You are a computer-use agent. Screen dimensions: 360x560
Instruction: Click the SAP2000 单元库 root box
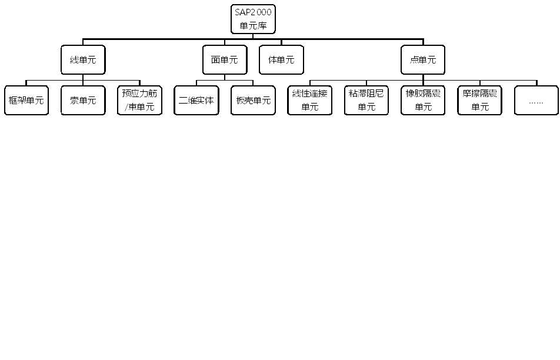tap(253, 19)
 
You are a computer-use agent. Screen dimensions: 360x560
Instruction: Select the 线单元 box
tap(83, 60)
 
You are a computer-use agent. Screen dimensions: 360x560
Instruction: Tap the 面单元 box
tap(224, 60)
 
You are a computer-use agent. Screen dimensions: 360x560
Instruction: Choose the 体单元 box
tap(281, 60)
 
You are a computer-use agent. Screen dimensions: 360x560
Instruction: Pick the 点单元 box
tap(423, 60)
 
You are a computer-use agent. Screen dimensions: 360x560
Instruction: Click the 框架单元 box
tap(26, 101)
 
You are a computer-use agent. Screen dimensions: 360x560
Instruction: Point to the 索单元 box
tap(83, 101)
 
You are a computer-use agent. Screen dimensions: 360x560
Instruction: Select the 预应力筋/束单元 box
tap(139, 101)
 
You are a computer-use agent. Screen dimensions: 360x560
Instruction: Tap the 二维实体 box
tap(196, 101)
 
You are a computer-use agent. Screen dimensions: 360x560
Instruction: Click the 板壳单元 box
tap(253, 101)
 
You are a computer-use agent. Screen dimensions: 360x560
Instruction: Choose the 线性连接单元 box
tap(309, 101)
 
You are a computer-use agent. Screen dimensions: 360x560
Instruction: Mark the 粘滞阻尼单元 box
tap(366, 101)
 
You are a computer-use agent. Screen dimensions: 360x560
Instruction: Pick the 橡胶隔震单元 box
tap(423, 101)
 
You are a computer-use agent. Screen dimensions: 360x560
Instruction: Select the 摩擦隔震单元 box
tap(479, 101)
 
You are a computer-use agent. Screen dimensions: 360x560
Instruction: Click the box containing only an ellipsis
tap(536, 101)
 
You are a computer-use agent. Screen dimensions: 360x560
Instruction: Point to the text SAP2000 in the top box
tap(253, 12)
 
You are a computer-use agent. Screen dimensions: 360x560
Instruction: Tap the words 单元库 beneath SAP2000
tap(253, 26)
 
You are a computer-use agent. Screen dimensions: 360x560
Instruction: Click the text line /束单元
tap(139, 108)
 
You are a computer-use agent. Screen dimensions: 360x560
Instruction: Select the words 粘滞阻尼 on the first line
tap(366, 94)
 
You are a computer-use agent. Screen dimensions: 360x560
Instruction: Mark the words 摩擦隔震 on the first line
tap(479, 94)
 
